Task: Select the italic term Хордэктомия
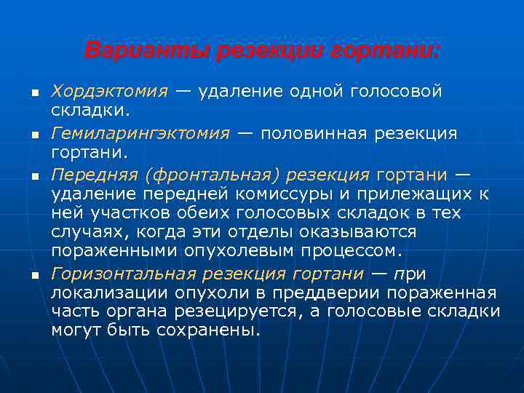pos(108,92)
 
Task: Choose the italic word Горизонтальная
pos(122,274)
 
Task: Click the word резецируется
pos(239,311)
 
